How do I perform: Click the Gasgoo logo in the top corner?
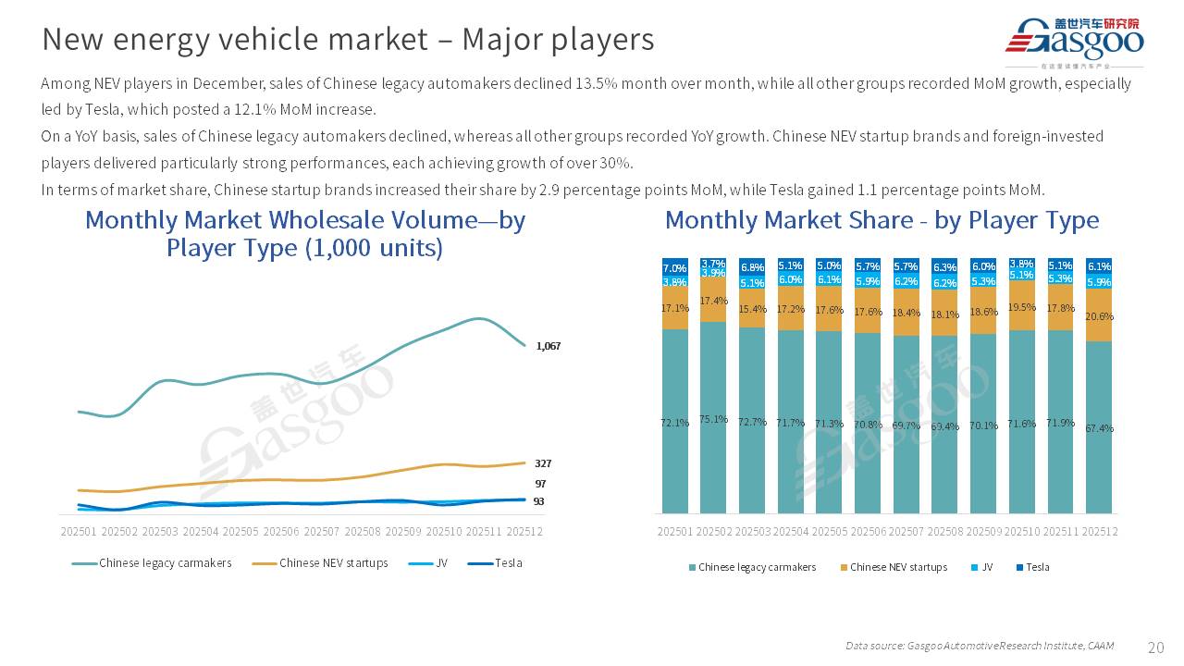coord(1074,40)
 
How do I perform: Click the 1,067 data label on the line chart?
coord(549,346)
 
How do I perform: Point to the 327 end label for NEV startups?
coord(543,463)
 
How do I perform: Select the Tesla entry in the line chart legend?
coord(508,562)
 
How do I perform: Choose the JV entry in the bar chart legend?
coord(987,567)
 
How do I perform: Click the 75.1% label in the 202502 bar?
coord(713,419)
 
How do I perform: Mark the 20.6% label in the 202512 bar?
coord(1099,316)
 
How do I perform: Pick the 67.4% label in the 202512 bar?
coord(1099,428)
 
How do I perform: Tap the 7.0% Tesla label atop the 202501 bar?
coord(674,268)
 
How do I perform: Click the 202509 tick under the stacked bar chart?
coord(983,532)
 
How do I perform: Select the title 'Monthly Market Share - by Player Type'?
coord(882,220)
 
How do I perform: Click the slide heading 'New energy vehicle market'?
coord(348,39)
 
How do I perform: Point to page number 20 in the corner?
coord(1155,647)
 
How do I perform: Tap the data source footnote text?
coord(979,646)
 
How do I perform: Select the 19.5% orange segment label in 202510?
coord(1021,307)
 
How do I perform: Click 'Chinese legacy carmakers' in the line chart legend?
coord(165,562)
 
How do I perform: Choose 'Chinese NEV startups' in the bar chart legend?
coord(898,567)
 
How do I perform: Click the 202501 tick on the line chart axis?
coord(79,532)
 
